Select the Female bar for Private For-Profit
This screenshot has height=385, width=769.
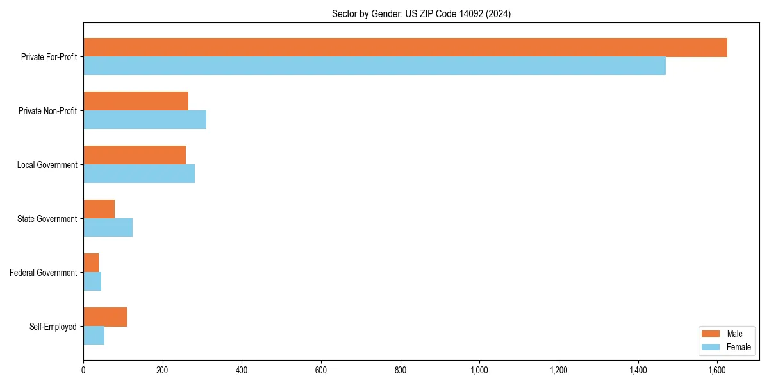coord(374,66)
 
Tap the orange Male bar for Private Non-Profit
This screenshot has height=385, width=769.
coord(136,101)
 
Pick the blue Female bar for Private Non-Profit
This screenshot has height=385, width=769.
coord(145,120)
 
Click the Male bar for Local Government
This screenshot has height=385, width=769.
coord(135,155)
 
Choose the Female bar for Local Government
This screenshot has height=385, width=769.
coord(139,174)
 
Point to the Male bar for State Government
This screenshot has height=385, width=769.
coord(99,209)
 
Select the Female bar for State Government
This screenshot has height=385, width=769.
coord(108,228)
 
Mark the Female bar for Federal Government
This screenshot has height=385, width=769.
coord(92,282)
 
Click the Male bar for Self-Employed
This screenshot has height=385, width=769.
coord(105,317)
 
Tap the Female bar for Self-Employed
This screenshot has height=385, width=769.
coord(94,336)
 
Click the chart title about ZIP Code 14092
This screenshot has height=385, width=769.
coord(421,13)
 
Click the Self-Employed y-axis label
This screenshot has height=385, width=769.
coord(53,327)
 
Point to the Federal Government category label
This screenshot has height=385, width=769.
coord(44,273)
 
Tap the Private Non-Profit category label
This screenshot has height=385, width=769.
coord(49,111)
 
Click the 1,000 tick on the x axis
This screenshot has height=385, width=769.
coord(479,370)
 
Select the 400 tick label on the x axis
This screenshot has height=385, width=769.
coord(242,370)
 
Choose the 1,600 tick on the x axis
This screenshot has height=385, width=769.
coord(717,370)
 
